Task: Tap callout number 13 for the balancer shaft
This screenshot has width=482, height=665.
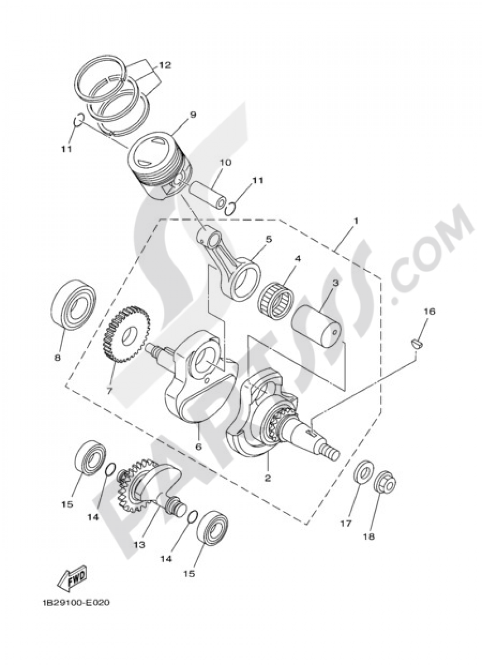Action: pos(139,545)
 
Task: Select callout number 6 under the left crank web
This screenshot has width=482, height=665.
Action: pos(198,446)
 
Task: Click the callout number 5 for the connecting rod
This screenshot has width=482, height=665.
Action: pos(268,239)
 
